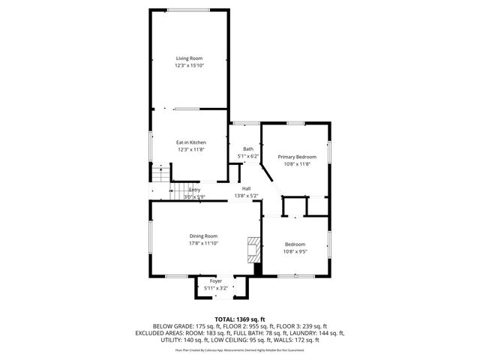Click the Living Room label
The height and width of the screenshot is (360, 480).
190,58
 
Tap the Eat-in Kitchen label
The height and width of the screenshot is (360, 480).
191,142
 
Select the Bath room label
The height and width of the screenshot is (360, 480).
247,149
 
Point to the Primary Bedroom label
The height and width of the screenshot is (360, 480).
297,157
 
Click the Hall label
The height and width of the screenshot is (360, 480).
246,188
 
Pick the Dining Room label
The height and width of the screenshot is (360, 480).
203,236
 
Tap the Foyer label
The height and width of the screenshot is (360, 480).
216,280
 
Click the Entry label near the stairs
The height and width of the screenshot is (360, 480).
194,190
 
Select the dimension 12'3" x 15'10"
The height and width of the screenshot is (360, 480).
190,66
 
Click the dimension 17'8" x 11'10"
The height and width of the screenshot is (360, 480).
203,243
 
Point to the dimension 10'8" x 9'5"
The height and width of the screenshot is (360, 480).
295,250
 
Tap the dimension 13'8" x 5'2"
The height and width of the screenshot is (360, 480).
246,196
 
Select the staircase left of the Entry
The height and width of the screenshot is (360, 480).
159,175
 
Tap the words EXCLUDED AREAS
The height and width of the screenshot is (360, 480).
160,333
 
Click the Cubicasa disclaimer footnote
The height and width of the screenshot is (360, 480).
240,349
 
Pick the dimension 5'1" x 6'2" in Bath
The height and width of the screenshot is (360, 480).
247,156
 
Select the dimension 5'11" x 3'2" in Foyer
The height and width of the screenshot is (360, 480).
216,287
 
